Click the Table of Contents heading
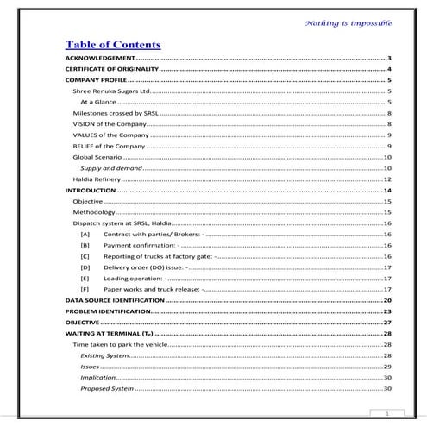(x=113, y=45)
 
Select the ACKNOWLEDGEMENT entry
(x=100, y=57)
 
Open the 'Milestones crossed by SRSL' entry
(x=115, y=113)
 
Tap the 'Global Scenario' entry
(x=96, y=158)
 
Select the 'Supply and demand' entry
(x=111, y=168)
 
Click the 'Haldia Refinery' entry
(x=94, y=179)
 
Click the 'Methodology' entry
(x=93, y=212)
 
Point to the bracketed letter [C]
(x=85, y=256)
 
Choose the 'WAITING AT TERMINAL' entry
(x=109, y=333)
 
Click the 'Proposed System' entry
(x=107, y=389)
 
